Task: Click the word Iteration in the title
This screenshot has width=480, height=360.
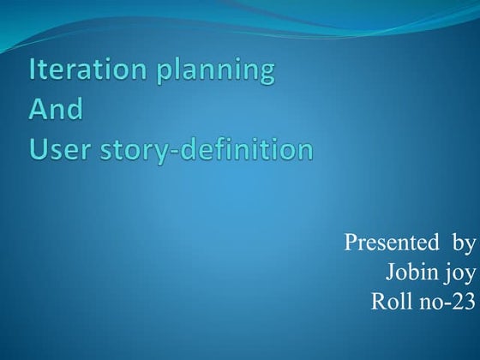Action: pyautogui.click(x=79, y=71)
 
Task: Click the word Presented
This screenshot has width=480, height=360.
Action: pyautogui.click(x=386, y=243)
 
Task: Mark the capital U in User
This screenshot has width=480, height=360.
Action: pyautogui.click(x=39, y=150)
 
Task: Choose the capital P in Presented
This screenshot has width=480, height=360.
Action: pyautogui.click(x=351, y=243)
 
